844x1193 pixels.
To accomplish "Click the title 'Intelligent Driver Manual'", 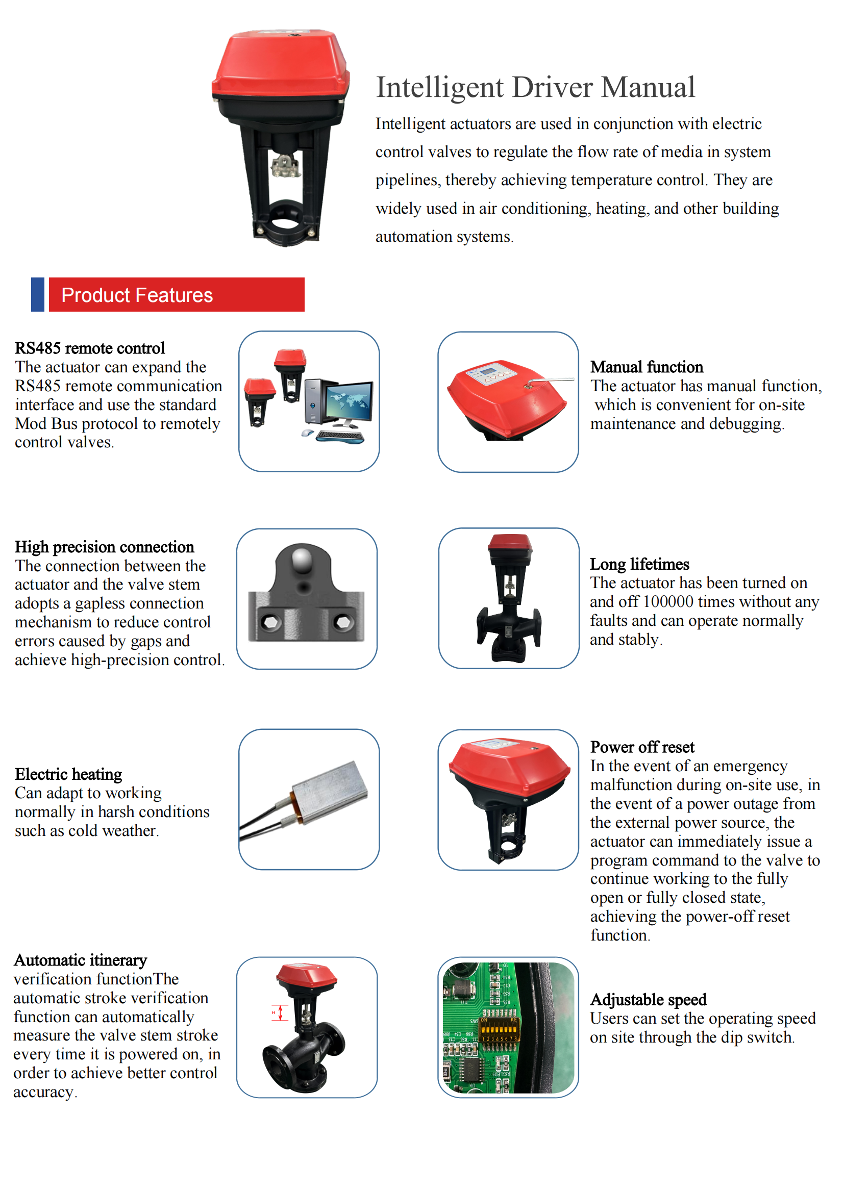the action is click(x=535, y=87).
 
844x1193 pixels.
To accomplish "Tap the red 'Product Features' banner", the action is click(x=177, y=295).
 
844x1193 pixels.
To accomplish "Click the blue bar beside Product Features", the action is click(x=37, y=295).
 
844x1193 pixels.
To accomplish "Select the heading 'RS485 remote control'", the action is click(x=89, y=348).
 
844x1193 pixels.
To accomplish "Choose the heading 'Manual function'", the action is click(x=647, y=367).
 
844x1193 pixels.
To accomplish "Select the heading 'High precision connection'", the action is click(x=104, y=547).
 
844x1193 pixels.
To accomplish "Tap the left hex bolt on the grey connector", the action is click(x=271, y=621).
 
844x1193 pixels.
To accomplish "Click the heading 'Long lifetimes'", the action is click(x=639, y=564).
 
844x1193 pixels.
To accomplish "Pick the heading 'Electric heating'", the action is click(x=68, y=774).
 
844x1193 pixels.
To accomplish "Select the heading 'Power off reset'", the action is click(x=642, y=747).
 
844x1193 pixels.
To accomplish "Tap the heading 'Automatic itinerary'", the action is click(x=81, y=960).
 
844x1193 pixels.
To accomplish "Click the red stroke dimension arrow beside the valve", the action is click(x=280, y=1013).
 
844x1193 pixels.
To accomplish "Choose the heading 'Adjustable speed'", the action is click(x=649, y=1000).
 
